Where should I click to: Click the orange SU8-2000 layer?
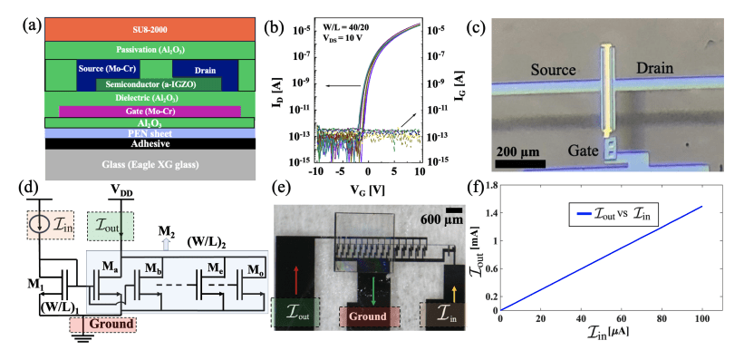150,29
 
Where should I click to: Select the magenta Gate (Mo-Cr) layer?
150,112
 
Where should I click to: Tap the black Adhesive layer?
150,143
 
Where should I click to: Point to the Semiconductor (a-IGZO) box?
158,84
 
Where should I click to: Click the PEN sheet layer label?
150,133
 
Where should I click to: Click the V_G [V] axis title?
365,189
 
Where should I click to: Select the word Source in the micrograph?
554,71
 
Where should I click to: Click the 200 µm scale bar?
520,164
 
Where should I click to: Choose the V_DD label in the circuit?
121,189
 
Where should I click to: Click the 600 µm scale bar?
454,209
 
